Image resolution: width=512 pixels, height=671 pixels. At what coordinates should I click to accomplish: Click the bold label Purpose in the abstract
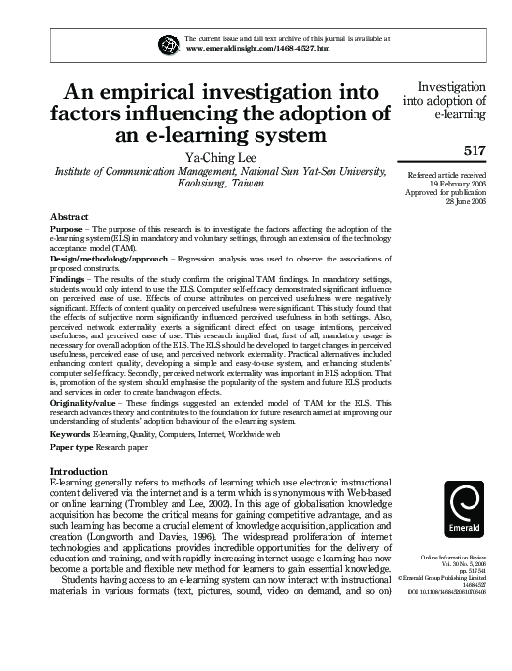coord(66,229)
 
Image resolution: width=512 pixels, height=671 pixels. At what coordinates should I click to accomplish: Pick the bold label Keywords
coord(70,433)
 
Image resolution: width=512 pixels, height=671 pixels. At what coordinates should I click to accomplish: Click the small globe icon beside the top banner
coord(164,42)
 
